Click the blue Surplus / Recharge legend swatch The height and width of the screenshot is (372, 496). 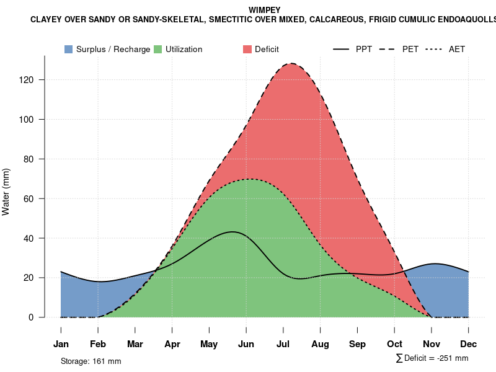[x=68, y=49]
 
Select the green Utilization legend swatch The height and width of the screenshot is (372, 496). [x=158, y=49]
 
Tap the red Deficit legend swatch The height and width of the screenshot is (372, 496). [x=247, y=49]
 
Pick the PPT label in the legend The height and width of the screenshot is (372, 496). [x=364, y=49]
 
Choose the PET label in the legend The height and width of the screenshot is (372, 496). [x=410, y=49]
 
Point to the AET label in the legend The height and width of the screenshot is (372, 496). [x=457, y=49]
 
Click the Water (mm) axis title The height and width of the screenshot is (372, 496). [x=6, y=192]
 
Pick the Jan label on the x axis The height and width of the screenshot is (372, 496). [x=61, y=344]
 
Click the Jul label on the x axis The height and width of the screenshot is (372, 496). [x=283, y=344]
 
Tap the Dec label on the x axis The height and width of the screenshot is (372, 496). [x=469, y=344]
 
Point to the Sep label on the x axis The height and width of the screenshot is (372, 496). [x=357, y=344]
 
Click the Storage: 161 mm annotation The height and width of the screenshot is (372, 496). [x=91, y=361]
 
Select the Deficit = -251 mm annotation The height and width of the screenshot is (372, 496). [x=432, y=358]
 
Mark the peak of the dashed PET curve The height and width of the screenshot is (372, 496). [x=290, y=63]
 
